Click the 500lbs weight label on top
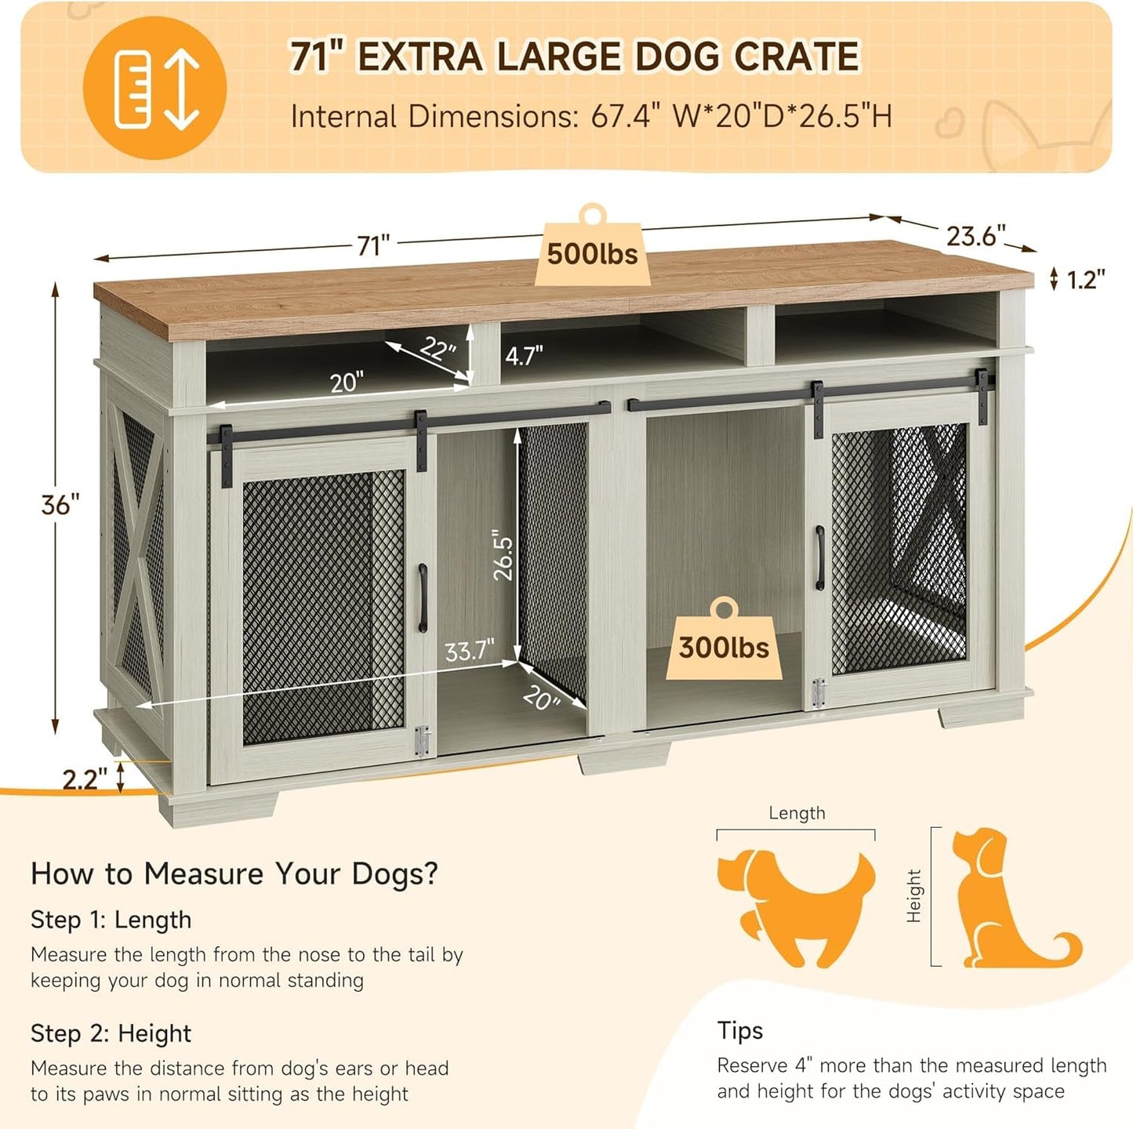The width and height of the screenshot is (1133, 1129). (x=592, y=254)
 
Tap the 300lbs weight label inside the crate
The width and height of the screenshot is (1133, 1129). (x=724, y=648)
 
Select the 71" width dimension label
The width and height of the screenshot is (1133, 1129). (x=373, y=245)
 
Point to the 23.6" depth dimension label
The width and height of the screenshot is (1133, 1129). (x=975, y=235)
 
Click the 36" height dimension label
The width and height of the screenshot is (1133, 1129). (x=60, y=505)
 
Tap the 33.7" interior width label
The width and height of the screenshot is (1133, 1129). (x=469, y=651)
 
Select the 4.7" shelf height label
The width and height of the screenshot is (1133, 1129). (x=524, y=356)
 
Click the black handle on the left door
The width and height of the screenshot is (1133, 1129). (x=423, y=597)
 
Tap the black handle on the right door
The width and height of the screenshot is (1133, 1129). (x=819, y=557)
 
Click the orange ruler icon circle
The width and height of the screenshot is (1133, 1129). (x=155, y=88)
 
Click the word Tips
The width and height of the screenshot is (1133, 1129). (x=739, y=1030)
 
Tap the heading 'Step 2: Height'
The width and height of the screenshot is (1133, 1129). (x=111, y=1033)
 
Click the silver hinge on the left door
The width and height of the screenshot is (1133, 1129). (x=422, y=741)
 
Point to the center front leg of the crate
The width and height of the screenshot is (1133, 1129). (x=623, y=758)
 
